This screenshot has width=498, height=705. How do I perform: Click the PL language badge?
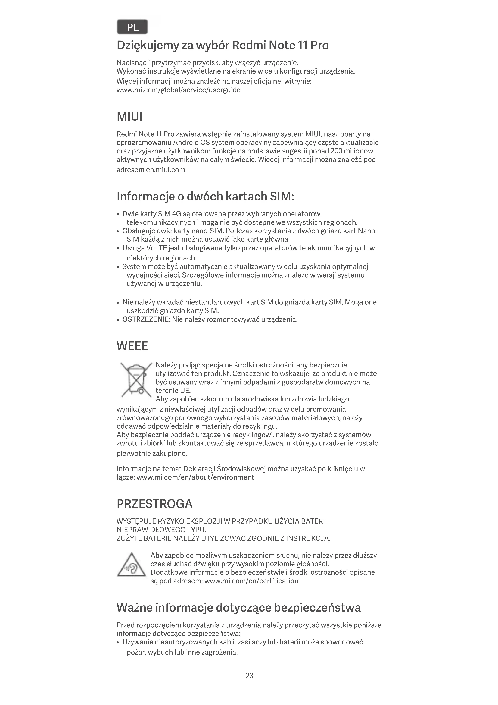(x=132, y=27)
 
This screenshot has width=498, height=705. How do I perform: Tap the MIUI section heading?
(x=129, y=117)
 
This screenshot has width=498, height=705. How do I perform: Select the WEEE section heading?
(x=132, y=346)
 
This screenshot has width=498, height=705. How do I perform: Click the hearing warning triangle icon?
(x=131, y=565)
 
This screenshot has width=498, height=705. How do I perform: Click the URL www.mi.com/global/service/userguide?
(x=179, y=90)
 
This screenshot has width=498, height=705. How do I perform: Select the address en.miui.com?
(x=165, y=170)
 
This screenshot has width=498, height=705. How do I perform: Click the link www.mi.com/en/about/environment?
(x=195, y=477)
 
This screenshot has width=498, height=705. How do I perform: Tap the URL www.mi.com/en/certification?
(x=251, y=581)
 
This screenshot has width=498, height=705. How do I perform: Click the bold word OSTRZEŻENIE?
(x=146, y=319)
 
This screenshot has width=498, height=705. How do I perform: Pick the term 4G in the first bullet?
(x=177, y=214)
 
